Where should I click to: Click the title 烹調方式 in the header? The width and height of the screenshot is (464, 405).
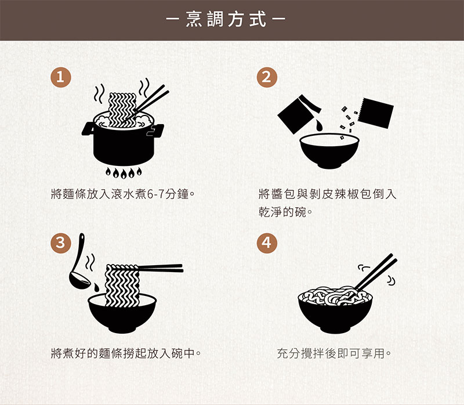(x=232, y=20)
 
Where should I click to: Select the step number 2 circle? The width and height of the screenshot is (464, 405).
(x=266, y=77)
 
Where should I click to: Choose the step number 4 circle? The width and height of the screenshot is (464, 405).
(x=266, y=243)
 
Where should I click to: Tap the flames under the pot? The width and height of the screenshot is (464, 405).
(x=123, y=172)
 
